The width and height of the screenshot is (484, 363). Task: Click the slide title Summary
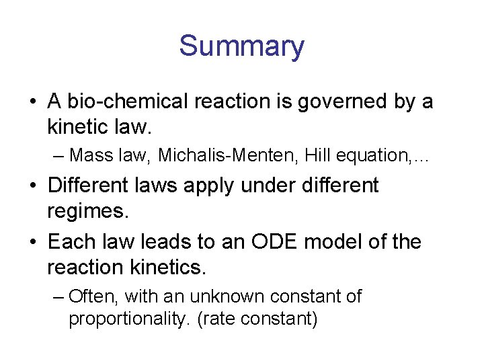[x=241, y=46]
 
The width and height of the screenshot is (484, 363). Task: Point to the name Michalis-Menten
[x=229, y=155]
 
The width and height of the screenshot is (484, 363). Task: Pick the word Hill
[x=317, y=155]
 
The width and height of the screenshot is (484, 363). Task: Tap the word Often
[x=93, y=296]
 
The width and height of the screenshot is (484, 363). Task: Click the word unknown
[x=224, y=296]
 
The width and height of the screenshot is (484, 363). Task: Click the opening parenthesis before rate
[x=200, y=319]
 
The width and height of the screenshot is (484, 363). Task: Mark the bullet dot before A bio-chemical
[x=33, y=103]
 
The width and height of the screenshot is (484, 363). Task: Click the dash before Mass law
[x=58, y=156]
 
